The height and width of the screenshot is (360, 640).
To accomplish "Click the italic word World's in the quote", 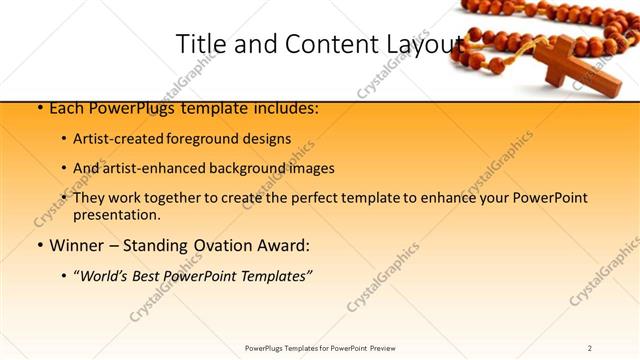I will coord(113,275).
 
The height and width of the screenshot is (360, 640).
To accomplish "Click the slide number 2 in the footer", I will coord(590,347).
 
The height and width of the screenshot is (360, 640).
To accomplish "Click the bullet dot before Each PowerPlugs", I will coord(39,107).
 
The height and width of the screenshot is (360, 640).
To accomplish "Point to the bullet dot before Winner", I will coord(39,245).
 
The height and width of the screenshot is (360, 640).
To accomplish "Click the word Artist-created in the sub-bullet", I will coord(123,139).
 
